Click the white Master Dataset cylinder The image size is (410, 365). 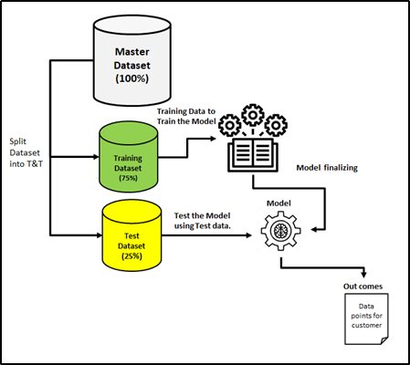point(132,60)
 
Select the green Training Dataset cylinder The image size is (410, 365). point(129,157)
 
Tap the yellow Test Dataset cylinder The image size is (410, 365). point(131,235)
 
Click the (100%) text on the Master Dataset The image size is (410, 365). point(132,78)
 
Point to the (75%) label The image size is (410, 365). point(128,178)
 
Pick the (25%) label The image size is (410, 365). point(131,255)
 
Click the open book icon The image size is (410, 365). point(253,155)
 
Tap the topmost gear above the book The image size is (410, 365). point(253,115)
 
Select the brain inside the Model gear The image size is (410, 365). point(280,231)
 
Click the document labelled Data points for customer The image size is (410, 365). point(366,318)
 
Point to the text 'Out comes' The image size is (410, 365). point(363,287)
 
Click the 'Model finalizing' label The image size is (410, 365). point(327,168)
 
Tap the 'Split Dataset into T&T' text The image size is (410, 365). point(26,152)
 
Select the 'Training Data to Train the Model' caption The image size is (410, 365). point(186,116)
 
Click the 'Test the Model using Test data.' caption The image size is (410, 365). point(203,221)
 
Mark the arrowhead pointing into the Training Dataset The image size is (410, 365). point(96,157)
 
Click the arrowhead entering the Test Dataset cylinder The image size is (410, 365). point(99,235)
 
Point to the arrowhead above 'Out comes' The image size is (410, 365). point(363,275)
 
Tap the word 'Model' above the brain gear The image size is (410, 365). point(279,203)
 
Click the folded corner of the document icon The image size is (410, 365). point(384,340)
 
